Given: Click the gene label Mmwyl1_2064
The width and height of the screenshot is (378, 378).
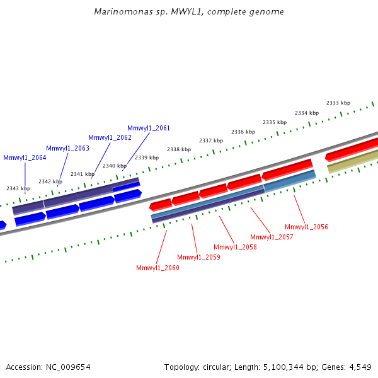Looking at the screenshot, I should [x=25, y=157].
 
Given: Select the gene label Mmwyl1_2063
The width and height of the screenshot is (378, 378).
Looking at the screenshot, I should [x=67, y=148].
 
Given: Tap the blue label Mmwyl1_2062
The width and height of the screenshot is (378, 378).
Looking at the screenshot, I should [x=110, y=137].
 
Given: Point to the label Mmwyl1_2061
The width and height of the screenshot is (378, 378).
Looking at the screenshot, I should [x=149, y=128].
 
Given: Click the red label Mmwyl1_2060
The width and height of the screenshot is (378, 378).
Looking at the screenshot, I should [x=157, y=268].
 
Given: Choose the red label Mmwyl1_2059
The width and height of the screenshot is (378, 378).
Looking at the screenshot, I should [x=198, y=257].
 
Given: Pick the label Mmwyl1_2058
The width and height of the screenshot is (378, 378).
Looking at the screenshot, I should [x=235, y=247].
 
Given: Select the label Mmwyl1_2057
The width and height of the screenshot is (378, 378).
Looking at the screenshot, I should [x=272, y=237].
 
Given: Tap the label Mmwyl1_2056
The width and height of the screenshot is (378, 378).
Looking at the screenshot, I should [x=306, y=227].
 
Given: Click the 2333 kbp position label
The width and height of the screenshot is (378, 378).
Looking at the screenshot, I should [x=338, y=103].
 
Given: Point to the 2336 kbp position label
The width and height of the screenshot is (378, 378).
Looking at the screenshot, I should [x=243, y=132].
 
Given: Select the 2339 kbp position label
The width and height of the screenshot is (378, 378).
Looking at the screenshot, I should [x=146, y=157].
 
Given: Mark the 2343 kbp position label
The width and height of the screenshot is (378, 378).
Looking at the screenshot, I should [x=18, y=188].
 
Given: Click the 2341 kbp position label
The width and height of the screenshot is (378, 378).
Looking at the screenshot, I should [x=82, y=174].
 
